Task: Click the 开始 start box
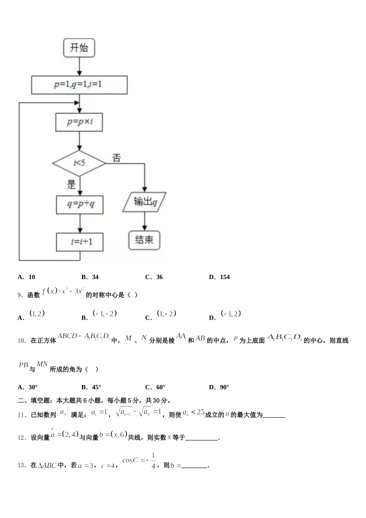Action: pyautogui.click(x=79, y=48)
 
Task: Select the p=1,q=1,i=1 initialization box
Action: pyautogui.click(x=79, y=85)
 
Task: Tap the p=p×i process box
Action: pyautogui.click(x=79, y=122)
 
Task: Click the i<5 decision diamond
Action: pyautogui.click(x=79, y=163)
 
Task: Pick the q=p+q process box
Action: pyautogui.click(x=80, y=205)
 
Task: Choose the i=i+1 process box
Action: pyautogui.click(x=80, y=242)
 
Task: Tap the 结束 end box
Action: pyautogui.click(x=144, y=240)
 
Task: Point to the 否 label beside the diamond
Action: pyautogui.click(x=117, y=158)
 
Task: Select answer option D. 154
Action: pyautogui.click(x=220, y=277)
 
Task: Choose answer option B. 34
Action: pyautogui.click(x=90, y=277)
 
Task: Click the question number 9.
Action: pyautogui.click(x=20, y=295)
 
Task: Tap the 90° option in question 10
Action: pyautogui.click(x=219, y=387)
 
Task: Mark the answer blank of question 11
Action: pyautogui.click(x=274, y=415)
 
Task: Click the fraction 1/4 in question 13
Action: pyautogui.click(x=153, y=461)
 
